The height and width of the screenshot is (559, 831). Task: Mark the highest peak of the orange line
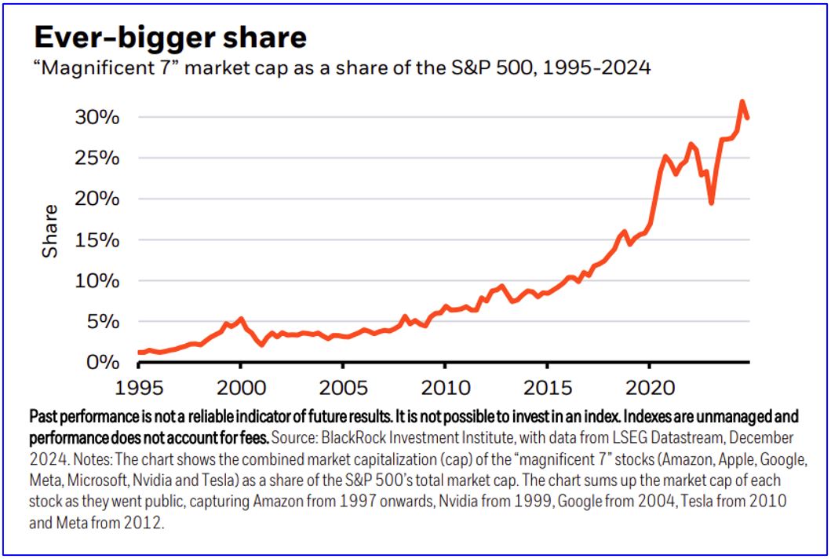(x=742, y=101)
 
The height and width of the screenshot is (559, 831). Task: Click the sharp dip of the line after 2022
(x=711, y=203)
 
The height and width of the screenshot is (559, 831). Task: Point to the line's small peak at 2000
(x=241, y=319)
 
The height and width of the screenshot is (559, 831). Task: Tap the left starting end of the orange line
(x=139, y=353)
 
